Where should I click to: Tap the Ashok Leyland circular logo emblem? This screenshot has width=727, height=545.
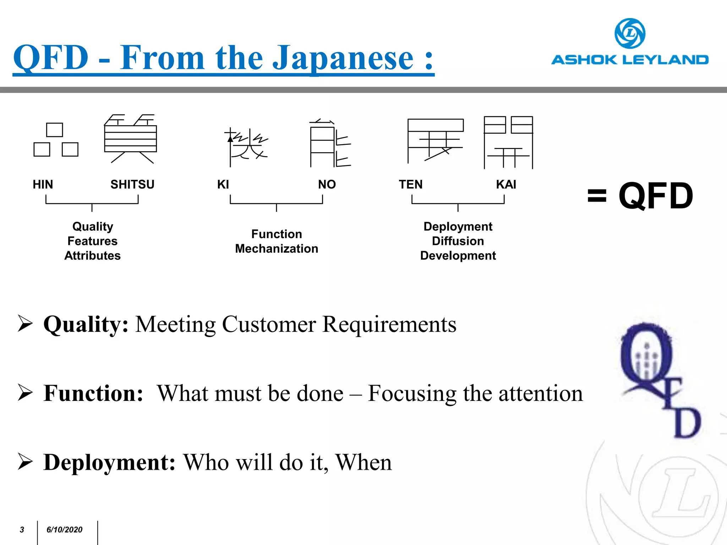pyautogui.click(x=630, y=33)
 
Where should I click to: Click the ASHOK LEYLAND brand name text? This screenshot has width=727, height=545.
pyautogui.click(x=630, y=60)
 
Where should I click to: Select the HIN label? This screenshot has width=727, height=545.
pyautogui.click(x=43, y=185)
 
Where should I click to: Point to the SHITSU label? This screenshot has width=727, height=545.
pyautogui.click(x=132, y=185)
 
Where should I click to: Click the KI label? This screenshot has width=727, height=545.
pyautogui.click(x=223, y=185)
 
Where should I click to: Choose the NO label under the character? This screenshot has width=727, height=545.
pyautogui.click(x=327, y=185)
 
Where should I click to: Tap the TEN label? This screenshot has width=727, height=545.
pyautogui.click(x=410, y=185)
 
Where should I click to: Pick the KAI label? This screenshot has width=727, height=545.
pyautogui.click(x=506, y=185)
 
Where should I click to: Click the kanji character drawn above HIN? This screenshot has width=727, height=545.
pyautogui.click(x=56, y=140)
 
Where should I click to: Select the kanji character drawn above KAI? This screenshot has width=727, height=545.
pyautogui.click(x=508, y=142)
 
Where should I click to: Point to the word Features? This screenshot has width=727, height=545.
pyautogui.click(x=92, y=241)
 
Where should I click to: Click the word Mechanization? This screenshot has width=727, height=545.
pyautogui.click(x=277, y=249)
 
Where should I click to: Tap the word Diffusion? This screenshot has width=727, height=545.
pyautogui.click(x=458, y=241)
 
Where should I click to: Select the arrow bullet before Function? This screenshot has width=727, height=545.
pyautogui.click(x=25, y=393)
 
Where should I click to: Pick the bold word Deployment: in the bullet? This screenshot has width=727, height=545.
pyautogui.click(x=109, y=462)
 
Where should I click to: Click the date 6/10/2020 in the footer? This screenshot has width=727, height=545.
pyautogui.click(x=64, y=530)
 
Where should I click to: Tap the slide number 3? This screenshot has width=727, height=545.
pyautogui.click(x=22, y=530)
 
